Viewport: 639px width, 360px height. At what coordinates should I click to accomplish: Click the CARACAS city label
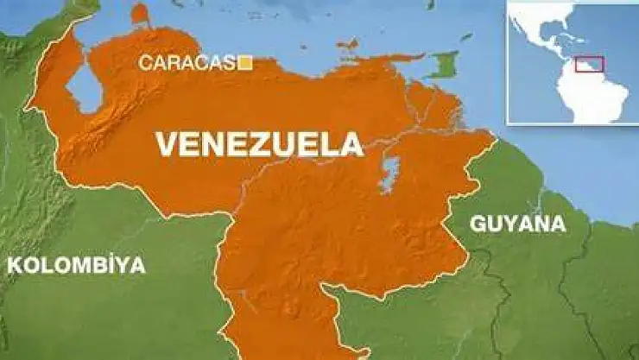click(188, 62)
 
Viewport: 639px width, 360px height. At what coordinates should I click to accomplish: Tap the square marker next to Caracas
click(246, 62)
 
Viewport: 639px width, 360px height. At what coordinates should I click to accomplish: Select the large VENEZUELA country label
click(259, 144)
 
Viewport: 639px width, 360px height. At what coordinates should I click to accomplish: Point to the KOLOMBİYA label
click(76, 265)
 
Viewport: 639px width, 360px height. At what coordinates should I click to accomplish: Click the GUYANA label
click(517, 224)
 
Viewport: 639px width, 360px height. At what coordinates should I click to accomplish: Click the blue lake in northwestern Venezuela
click(84, 90)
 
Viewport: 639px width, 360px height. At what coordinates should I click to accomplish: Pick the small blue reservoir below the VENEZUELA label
click(390, 174)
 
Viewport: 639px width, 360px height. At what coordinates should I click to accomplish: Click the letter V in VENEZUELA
click(167, 144)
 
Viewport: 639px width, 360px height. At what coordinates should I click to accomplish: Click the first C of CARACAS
click(145, 62)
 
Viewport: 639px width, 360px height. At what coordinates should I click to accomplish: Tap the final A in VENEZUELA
click(351, 144)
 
